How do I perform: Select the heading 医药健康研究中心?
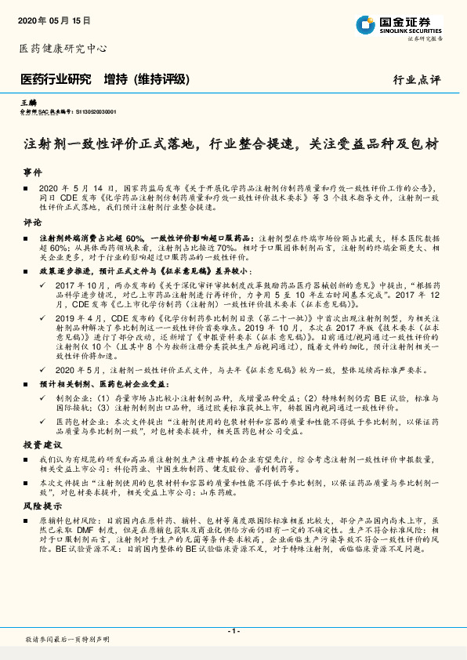(x=62, y=49)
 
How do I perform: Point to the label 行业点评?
(x=417, y=80)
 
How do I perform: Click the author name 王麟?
(x=28, y=103)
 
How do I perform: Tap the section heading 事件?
(x=32, y=171)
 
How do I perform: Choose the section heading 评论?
(x=32, y=222)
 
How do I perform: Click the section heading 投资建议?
(x=38, y=444)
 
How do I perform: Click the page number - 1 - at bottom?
(x=233, y=631)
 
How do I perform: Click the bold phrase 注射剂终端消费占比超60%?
(x=92, y=237)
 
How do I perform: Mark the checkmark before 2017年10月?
(x=48, y=286)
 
